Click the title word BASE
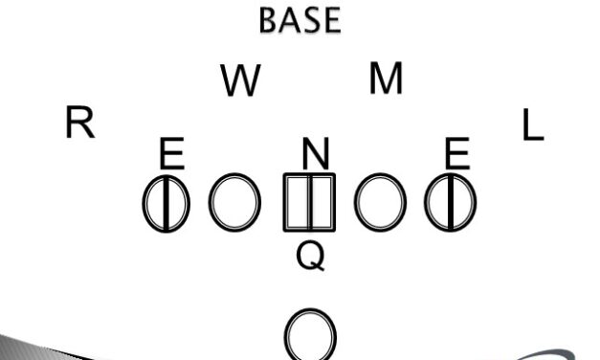coord(300,20)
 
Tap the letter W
coord(240,82)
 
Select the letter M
coord(386,79)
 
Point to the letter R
coord(79,124)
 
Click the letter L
coord(532,125)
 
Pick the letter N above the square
coord(316,153)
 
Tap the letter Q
coord(311,255)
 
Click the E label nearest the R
coord(171,153)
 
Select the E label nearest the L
coord(457,153)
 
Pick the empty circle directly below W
coord(235,202)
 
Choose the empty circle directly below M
coord(381,202)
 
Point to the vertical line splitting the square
coord(310,202)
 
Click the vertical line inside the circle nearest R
coord(167,203)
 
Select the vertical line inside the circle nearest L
coord(451,203)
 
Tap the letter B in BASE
coord(270,20)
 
